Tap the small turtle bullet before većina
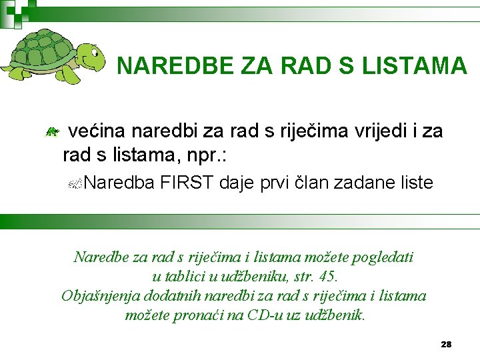pyautogui.click(x=50, y=133)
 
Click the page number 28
pyautogui.click(x=446, y=344)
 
